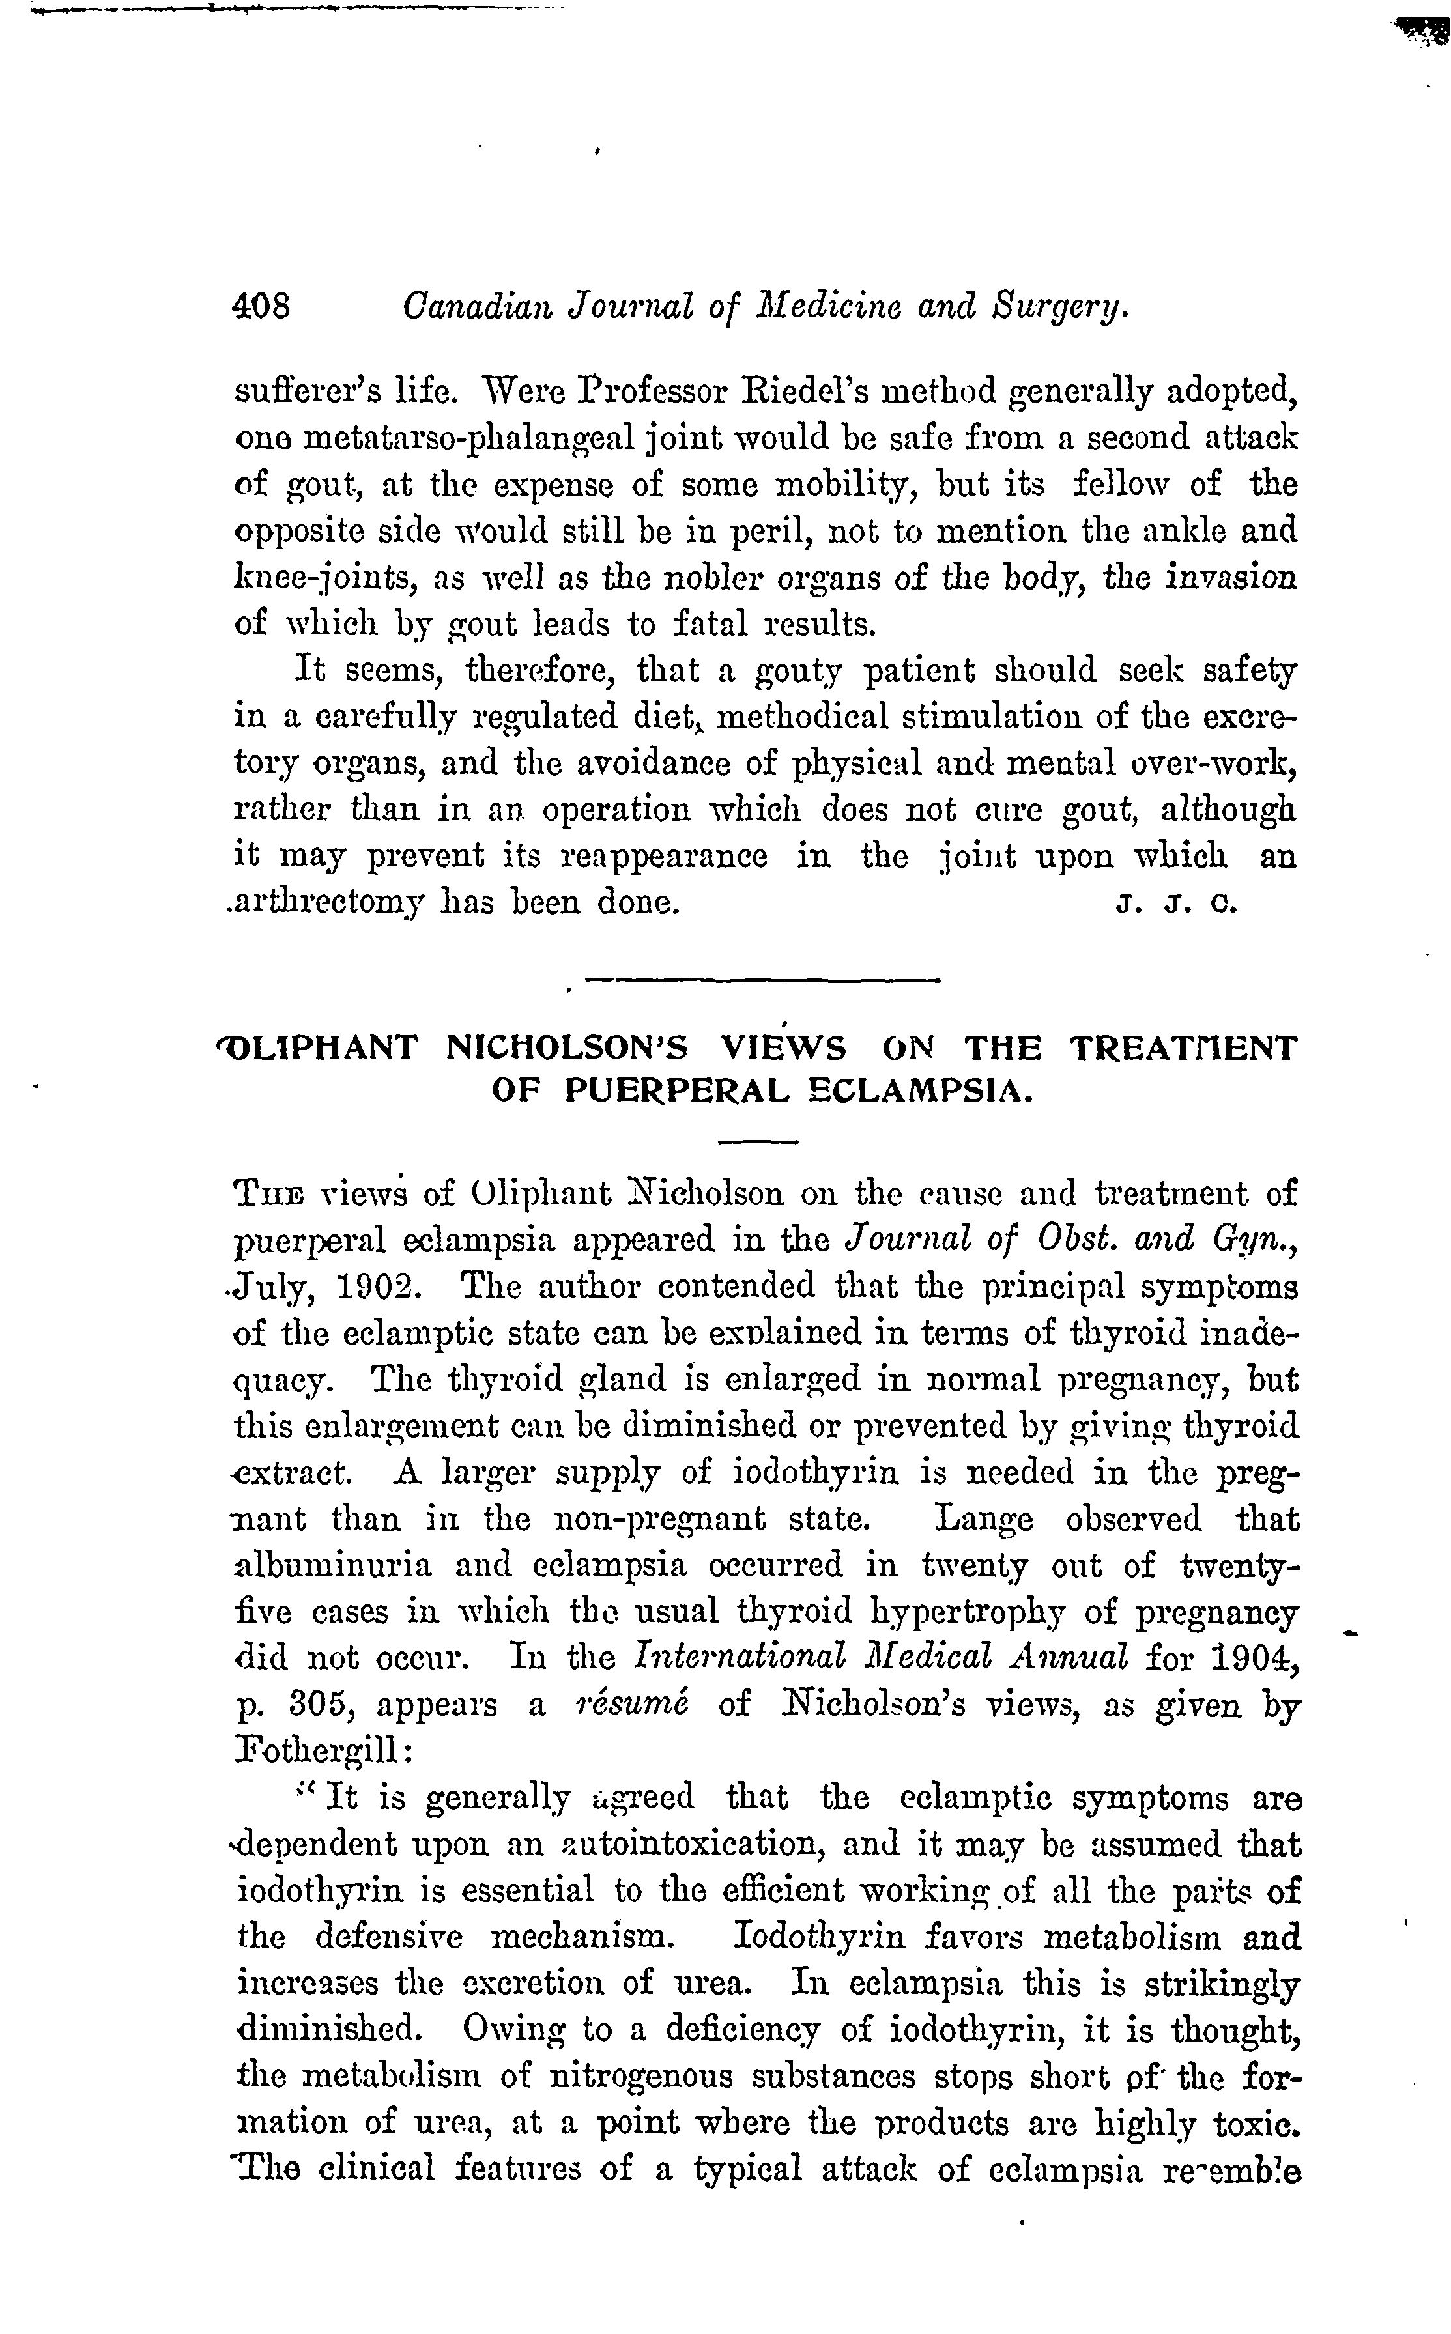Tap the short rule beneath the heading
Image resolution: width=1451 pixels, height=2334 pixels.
[x=758, y=1141]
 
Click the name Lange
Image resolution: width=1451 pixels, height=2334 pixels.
[x=984, y=1520]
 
